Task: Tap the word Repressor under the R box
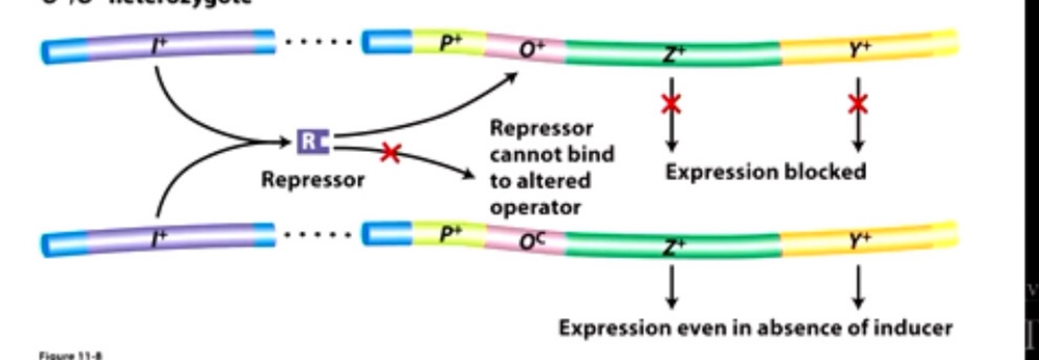tap(312, 180)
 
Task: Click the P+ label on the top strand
tap(450, 42)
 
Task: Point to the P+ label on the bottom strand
tap(450, 233)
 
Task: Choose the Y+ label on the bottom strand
tap(860, 242)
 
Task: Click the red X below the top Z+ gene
tap(671, 104)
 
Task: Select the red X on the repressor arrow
tap(390, 153)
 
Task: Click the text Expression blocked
tap(765, 171)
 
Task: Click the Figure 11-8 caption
tap(70, 355)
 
